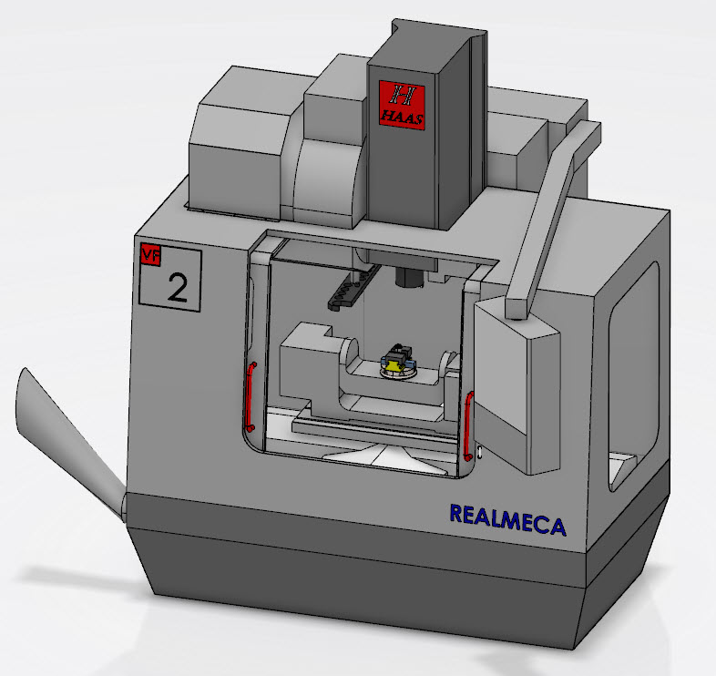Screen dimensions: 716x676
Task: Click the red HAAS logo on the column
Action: pyautogui.click(x=402, y=105)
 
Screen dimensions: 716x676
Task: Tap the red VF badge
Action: pyautogui.click(x=150, y=254)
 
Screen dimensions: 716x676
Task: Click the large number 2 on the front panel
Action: pyautogui.click(x=177, y=287)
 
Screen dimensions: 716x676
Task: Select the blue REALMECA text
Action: pyautogui.click(x=507, y=520)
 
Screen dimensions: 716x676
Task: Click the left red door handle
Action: pyautogui.click(x=250, y=396)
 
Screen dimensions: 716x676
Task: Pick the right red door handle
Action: pyautogui.click(x=467, y=425)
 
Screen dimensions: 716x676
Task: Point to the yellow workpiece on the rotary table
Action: pyautogui.click(x=394, y=364)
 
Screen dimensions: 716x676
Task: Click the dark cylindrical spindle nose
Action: pyautogui.click(x=409, y=277)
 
